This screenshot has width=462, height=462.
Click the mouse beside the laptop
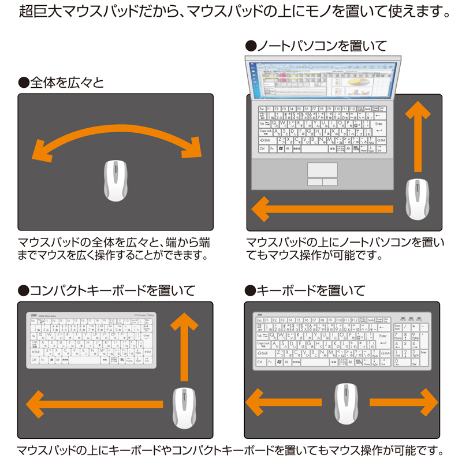pyautogui.click(x=416, y=199)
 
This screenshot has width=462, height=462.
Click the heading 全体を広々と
pyautogui.click(x=61, y=83)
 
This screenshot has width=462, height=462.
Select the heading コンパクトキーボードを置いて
pyautogui.click(x=106, y=290)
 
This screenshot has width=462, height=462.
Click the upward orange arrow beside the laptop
pyautogui.click(x=416, y=136)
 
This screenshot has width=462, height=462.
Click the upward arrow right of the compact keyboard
pyautogui.click(x=185, y=346)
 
